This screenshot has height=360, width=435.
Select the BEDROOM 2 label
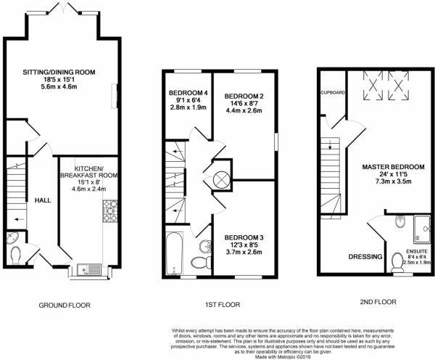coord(244,97)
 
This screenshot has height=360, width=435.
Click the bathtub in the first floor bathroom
coord(175,253)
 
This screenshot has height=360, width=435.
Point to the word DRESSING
coord(365,255)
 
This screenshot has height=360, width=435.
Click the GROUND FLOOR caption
coord(65,306)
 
